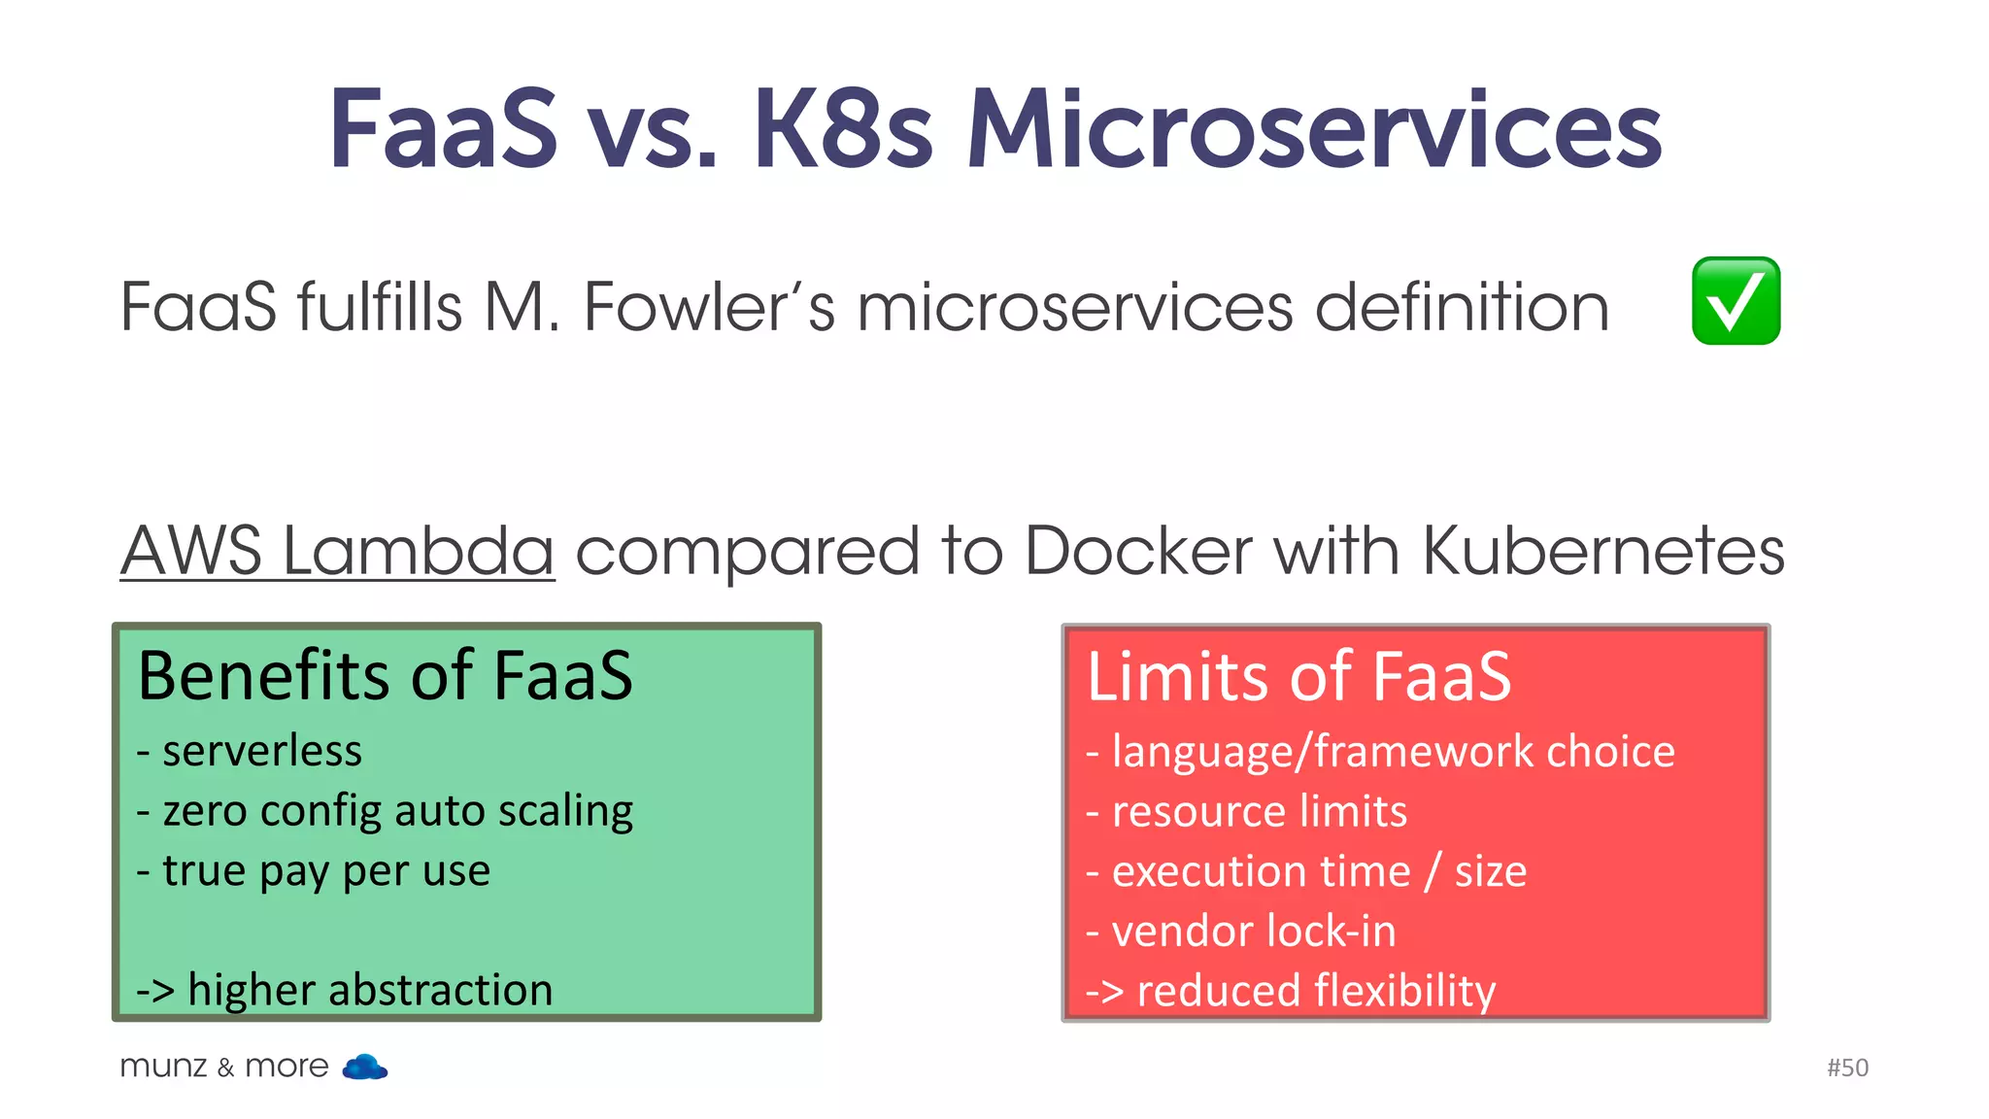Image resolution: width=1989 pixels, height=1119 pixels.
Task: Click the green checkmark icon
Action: [1736, 301]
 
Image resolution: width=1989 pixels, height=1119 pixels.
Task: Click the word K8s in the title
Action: [842, 131]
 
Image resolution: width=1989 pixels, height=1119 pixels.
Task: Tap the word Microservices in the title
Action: [1313, 131]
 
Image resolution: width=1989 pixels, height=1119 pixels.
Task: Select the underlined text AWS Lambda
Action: [337, 551]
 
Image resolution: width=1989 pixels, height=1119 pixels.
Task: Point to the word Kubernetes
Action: [1602, 551]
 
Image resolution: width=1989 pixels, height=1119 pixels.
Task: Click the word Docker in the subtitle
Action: [1137, 551]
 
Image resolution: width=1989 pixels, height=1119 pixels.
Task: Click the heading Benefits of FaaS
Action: [385, 676]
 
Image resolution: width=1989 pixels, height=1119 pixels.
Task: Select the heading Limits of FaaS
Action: [1298, 677]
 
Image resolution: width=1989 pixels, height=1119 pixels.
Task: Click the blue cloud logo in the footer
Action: [365, 1067]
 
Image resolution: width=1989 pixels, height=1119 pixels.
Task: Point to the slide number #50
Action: [1847, 1068]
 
